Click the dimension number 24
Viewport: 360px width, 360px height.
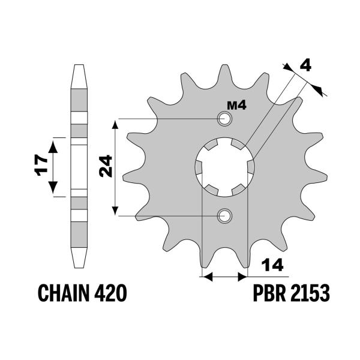(x=105, y=166)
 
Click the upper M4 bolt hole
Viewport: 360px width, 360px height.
(x=226, y=118)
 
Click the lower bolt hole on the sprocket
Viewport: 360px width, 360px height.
(x=226, y=214)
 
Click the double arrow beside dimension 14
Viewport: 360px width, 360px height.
(x=226, y=277)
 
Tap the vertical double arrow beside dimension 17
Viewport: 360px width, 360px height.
(x=55, y=166)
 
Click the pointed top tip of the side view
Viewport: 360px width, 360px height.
(x=79, y=66)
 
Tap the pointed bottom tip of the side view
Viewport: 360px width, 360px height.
(x=79, y=266)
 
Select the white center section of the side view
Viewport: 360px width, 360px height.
(x=79, y=166)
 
